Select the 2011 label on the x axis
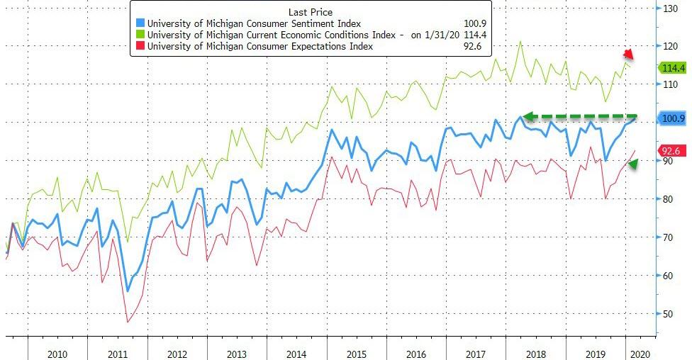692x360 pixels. point(117,352)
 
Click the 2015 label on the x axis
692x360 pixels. point(356,352)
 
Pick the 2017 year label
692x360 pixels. point(476,352)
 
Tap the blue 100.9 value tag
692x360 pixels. point(671,119)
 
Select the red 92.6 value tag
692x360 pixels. point(671,150)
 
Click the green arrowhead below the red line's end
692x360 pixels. point(633,164)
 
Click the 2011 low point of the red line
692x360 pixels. point(128,322)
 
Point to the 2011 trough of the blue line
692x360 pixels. point(128,291)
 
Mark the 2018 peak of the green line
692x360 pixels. point(520,41)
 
